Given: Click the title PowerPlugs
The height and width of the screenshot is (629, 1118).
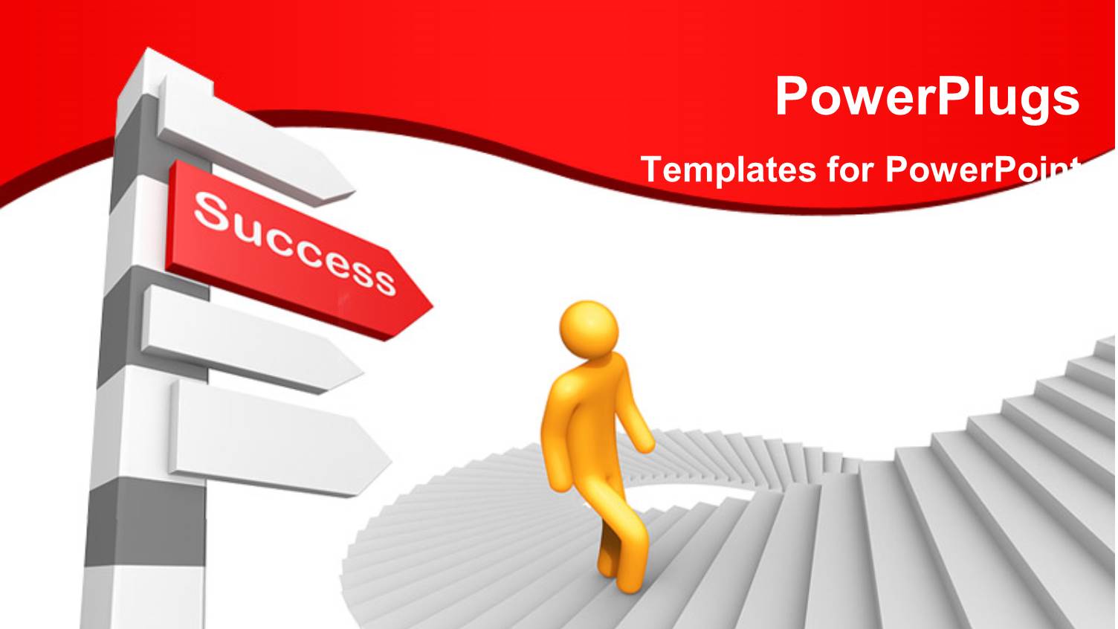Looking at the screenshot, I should (927, 97).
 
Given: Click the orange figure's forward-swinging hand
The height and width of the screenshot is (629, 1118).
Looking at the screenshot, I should (645, 443).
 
